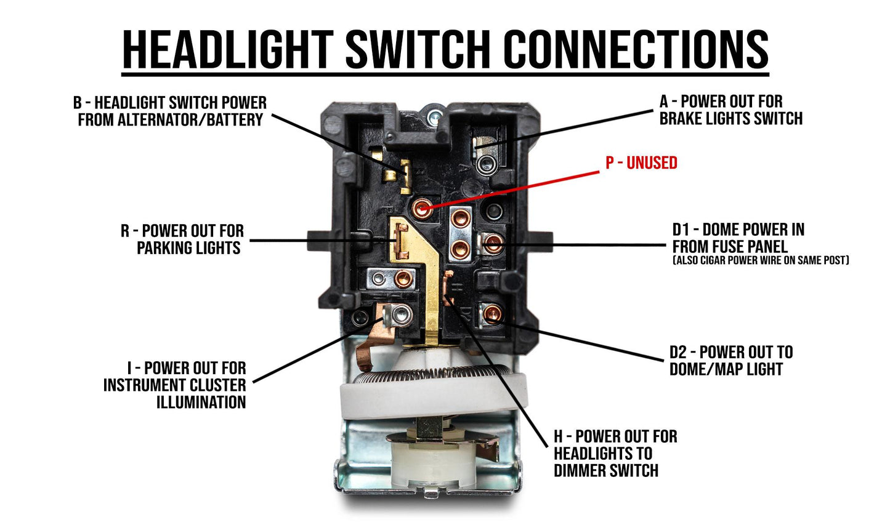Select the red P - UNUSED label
(x=641, y=162)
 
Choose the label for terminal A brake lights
(x=730, y=110)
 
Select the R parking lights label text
(x=182, y=239)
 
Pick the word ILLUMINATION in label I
(x=201, y=403)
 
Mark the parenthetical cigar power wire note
(x=761, y=261)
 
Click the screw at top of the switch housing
(x=435, y=113)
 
